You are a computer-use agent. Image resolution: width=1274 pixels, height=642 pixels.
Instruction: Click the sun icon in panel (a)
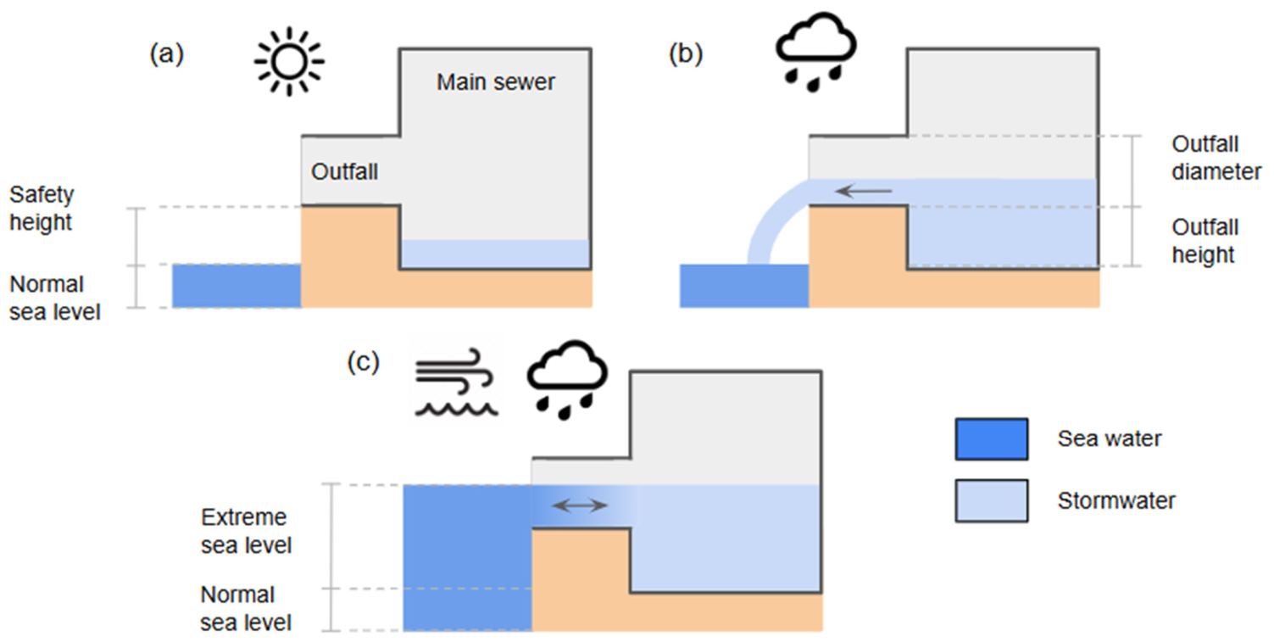pos(289,61)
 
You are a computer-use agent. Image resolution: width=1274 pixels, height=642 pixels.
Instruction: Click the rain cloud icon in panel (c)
pos(567,380)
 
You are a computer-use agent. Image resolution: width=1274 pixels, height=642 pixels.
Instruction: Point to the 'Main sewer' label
pos(495,82)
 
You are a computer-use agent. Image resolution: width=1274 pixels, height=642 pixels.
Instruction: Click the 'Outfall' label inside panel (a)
pos(344,171)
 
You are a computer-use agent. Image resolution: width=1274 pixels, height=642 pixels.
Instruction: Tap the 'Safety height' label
pos(42,209)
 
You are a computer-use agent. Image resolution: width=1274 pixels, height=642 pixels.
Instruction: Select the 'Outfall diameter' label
pos(1216,158)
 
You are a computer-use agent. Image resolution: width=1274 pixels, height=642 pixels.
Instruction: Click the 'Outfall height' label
pos(1204,241)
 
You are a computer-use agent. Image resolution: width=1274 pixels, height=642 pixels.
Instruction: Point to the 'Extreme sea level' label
pos(246,531)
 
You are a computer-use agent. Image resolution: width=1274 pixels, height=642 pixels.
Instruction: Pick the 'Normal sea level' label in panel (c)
pos(246,608)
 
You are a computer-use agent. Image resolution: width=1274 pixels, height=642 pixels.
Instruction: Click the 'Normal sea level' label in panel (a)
pos(54,298)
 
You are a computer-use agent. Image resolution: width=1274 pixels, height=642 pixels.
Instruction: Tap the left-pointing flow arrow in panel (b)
pos(864,191)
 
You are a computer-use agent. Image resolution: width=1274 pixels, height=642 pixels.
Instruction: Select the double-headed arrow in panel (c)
pos(580,505)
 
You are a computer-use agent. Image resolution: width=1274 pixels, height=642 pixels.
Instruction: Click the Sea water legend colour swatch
pos(992,438)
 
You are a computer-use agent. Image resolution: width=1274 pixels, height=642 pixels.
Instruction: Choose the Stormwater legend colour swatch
pos(992,501)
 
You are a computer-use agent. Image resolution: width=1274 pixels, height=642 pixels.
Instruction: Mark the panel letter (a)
pos(167,54)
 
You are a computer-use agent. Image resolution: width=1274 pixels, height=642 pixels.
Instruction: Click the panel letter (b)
pos(686,54)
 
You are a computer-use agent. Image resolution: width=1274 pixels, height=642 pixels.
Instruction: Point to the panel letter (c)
pos(364,362)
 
